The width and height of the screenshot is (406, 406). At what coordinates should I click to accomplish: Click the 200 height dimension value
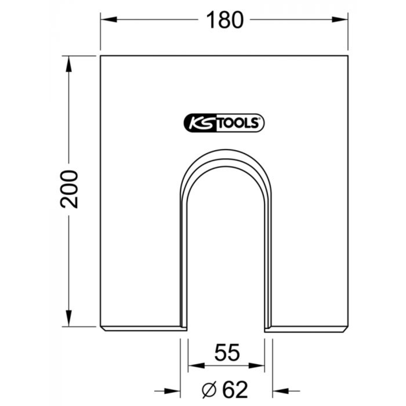[x=69, y=189]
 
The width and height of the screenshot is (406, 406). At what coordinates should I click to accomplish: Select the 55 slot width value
[x=226, y=353]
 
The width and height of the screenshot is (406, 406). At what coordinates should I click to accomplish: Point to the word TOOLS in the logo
[x=238, y=123]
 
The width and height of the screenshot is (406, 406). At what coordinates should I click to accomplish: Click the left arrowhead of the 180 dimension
[x=106, y=19]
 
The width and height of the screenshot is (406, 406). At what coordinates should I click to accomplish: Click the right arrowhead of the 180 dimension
[x=342, y=19]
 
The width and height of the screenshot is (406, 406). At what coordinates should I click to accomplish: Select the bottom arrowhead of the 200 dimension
[x=68, y=319]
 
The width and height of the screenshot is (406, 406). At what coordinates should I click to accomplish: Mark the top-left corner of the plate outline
[x=100, y=56]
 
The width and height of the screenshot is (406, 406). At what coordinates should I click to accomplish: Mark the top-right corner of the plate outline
[x=348, y=56]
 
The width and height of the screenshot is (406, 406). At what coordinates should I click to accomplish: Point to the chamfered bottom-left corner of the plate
[x=102, y=328]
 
